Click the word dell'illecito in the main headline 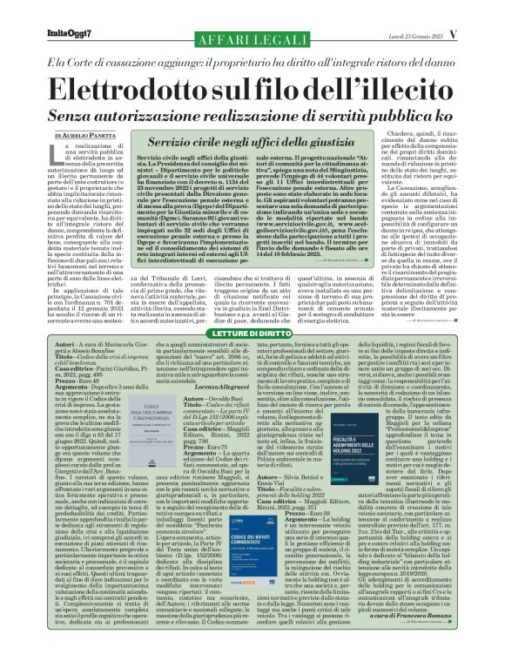[384, 92]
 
